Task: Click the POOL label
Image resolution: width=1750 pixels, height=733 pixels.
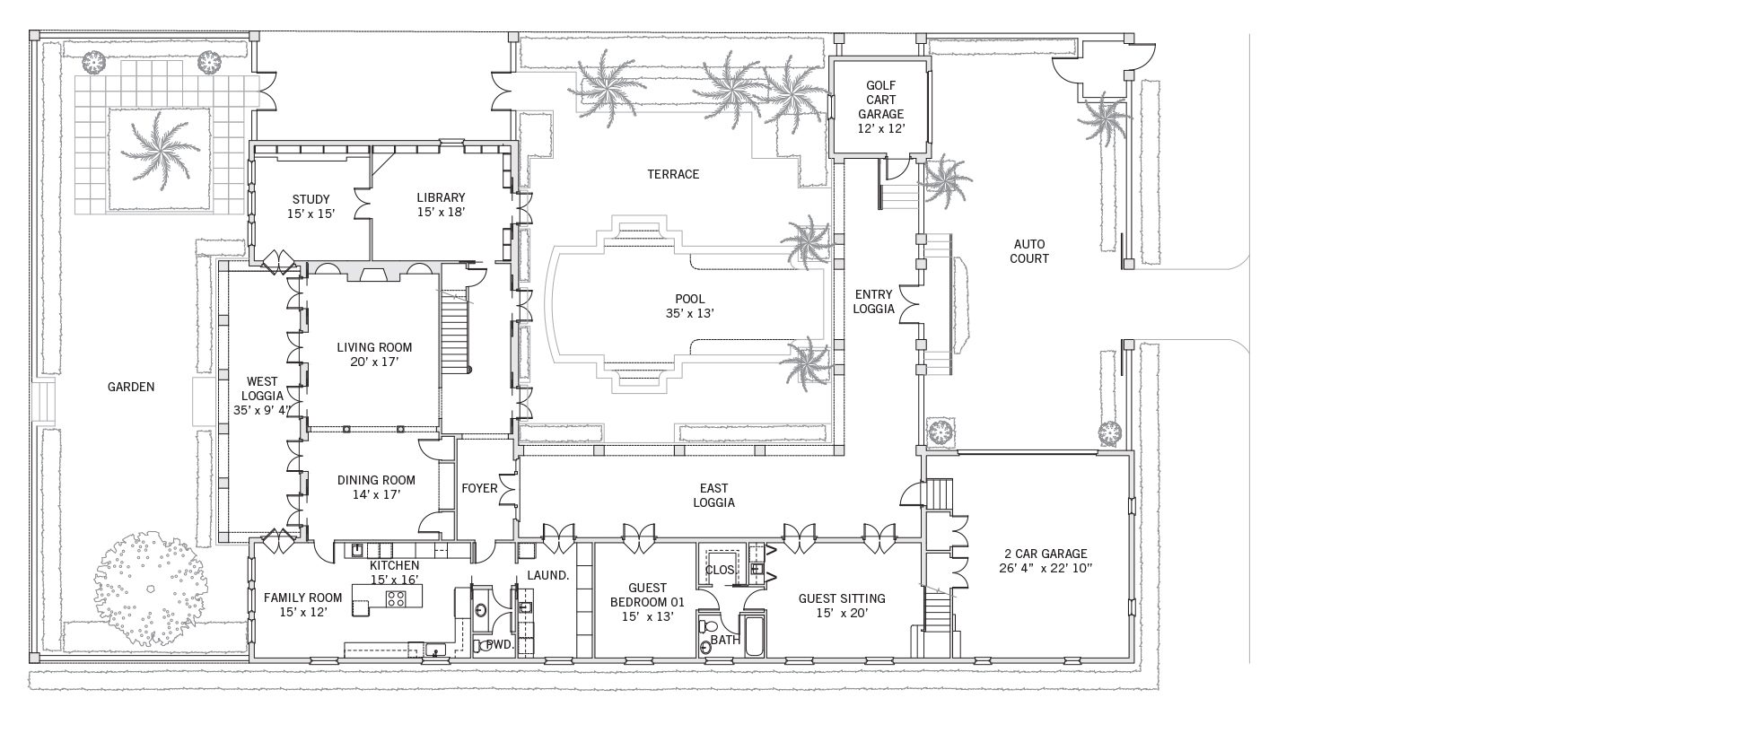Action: tap(690, 299)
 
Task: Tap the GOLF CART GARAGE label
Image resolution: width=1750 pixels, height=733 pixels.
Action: tap(880, 100)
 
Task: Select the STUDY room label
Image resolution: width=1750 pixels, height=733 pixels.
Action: tap(311, 199)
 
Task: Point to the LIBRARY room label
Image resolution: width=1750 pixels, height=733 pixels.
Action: tap(441, 197)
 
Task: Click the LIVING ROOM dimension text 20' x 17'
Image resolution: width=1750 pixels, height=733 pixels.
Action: tap(374, 362)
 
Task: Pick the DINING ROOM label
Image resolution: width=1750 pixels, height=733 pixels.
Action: tap(375, 480)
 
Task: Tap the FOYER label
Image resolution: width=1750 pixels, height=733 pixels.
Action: tap(479, 488)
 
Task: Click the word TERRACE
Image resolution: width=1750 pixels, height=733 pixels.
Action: tap(673, 174)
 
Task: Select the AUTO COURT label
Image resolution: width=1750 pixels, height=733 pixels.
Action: tap(1030, 251)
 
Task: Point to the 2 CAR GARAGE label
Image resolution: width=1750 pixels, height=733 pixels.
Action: tap(1046, 554)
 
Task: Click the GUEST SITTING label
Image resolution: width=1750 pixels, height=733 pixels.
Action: tap(842, 598)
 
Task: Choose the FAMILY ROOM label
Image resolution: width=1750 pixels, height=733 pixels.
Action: tap(302, 598)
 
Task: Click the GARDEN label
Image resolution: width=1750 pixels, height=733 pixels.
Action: tap(131, 387)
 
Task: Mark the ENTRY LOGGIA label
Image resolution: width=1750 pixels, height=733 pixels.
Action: tap(874, 301)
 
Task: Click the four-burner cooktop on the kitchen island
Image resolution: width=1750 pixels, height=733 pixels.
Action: tap(395, 598)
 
